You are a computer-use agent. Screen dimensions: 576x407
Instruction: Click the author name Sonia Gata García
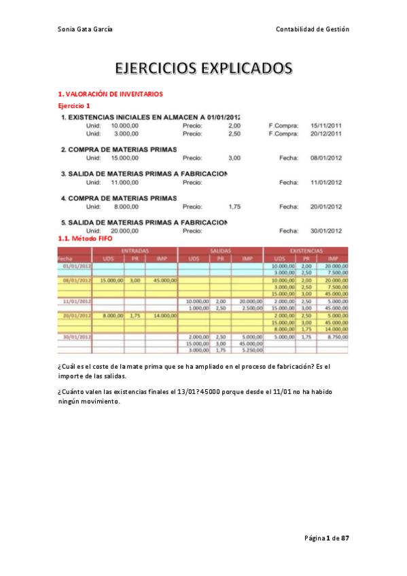(x=85, y=29)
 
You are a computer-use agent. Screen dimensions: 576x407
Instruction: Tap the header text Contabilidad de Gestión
(x=312, y=29)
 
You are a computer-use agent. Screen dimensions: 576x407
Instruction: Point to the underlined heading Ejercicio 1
(x=74, y=107)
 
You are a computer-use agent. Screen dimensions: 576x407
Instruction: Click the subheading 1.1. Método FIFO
(x=81, y=239)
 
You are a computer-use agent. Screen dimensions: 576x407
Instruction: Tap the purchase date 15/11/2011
(x=325, y=126)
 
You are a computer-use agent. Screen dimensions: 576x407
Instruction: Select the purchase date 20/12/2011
(x=325, y=134)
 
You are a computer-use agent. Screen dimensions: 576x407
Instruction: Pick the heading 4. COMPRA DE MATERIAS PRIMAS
(x=119, y=198)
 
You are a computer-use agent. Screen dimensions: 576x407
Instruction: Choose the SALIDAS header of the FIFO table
(x=220, y=251)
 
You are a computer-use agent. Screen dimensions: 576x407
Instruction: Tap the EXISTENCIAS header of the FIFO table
(x=305, y=251)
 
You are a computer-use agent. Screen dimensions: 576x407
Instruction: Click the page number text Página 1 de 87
(x=326, y=538)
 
